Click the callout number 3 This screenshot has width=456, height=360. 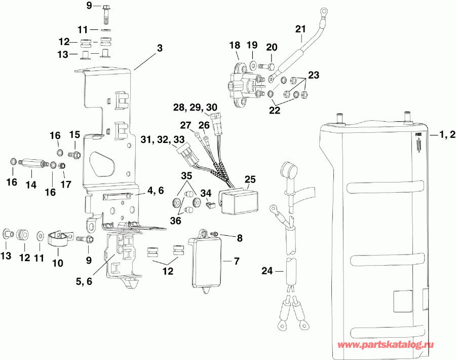[x=160, y=49]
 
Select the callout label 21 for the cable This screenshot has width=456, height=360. [x=301, y=29]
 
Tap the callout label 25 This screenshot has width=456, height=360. [x=250, y=179]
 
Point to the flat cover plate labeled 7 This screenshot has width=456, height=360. [x=207, y=264]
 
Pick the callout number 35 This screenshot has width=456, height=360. [x=187, y=176]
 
